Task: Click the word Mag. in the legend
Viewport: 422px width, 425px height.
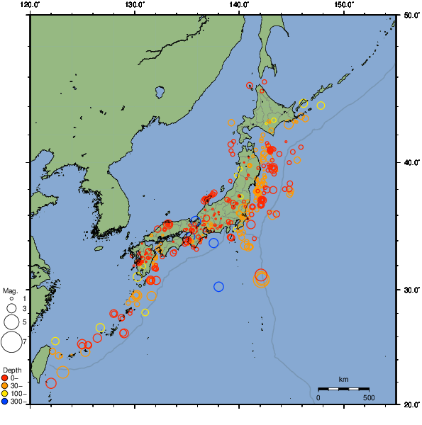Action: click(x=10, y=291)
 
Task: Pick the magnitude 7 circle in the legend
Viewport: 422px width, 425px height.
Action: click(x=11, y=342)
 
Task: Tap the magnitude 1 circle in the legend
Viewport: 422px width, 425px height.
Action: click(x=11, y=299)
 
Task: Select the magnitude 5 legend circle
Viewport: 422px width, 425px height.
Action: click(x=11, y=322)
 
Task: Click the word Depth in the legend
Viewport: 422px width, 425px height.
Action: click(x=11, y=370)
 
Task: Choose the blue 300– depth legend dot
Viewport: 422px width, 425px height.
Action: click(x=6, y=402)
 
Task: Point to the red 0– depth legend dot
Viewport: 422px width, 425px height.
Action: click(x=6, y=378)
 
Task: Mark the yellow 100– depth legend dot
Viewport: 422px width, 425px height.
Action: click(x=6, y=393)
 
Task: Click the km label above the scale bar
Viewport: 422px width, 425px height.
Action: click(x=343, y=380)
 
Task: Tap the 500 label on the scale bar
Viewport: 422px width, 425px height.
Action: click(x=369, y=397)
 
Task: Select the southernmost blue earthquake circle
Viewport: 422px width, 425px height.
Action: click(x=218, y=287)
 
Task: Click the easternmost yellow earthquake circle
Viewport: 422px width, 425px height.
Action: click(x=321, y=106)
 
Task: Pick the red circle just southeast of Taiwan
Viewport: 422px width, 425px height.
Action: click(x=51, y=383)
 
